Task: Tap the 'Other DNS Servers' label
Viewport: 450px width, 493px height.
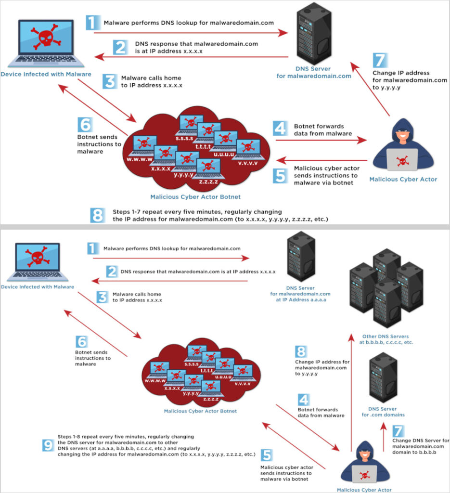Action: (386, 339)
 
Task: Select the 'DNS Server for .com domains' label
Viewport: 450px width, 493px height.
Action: (383, 412)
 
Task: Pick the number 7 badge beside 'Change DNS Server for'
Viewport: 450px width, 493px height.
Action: (398, 431)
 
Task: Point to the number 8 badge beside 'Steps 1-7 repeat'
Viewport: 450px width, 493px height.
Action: (98, 215)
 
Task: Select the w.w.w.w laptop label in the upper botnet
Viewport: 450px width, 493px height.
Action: (140, 158)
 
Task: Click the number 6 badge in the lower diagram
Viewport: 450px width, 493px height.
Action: (82, 342)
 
